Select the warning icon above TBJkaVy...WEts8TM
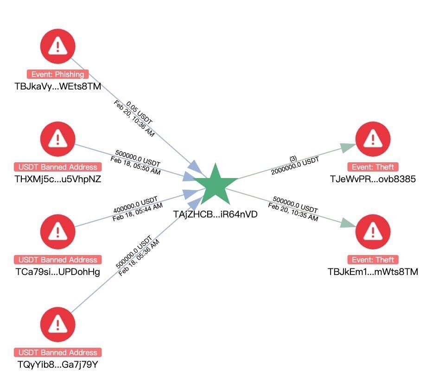click(57, 46)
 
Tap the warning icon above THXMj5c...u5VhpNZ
click(57, 138)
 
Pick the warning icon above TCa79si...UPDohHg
click(57, 231)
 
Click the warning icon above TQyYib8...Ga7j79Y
click(57, 324)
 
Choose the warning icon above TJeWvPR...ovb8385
click(372, 138)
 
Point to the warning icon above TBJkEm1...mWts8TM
click(372, 231)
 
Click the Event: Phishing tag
click(57, 74)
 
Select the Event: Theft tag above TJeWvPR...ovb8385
click(372, 167)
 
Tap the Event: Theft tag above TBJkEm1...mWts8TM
click(372, 260)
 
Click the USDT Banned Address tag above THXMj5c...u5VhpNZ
click(57, 167)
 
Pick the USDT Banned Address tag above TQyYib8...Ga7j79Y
click(57, 352)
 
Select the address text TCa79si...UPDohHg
click(57, 271)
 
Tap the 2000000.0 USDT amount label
click(296, 166)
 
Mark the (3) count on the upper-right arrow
click(293, 159)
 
